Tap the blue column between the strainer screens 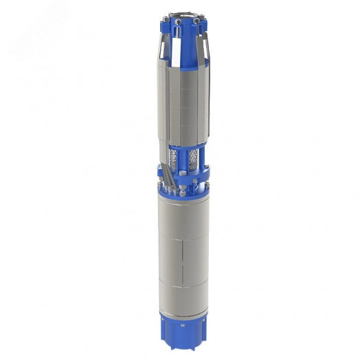183,158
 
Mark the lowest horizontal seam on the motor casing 183,286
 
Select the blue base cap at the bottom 183,326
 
